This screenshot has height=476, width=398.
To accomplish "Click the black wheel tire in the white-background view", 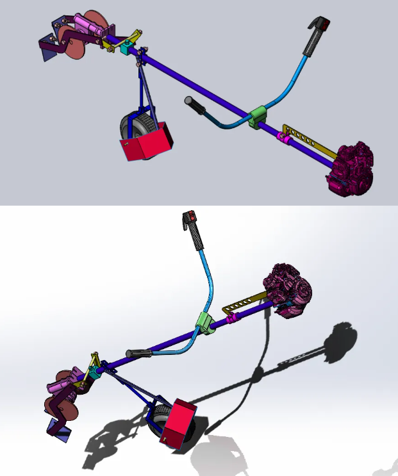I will coord(156,422).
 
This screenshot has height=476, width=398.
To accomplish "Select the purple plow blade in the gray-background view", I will coord(47,49).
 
